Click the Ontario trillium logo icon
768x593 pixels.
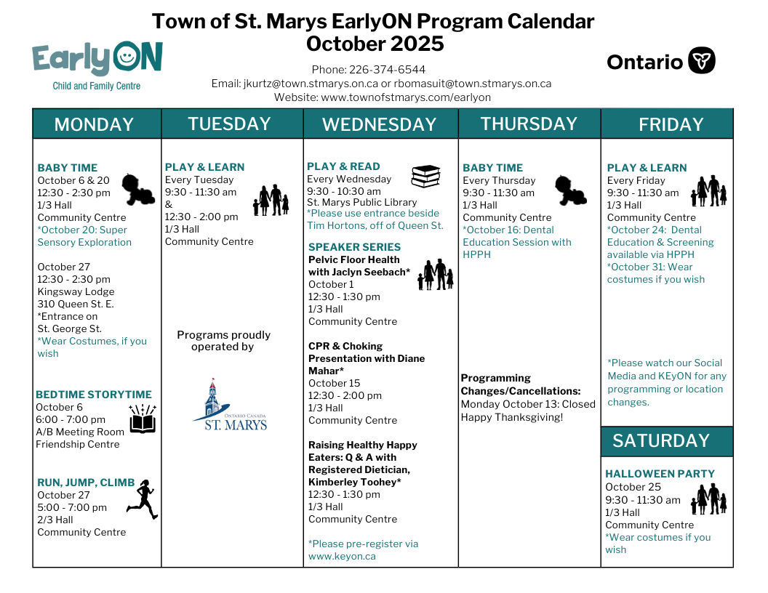tap(701, 61)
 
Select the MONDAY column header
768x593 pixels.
tap(95, 124)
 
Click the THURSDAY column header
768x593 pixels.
tap(529, 124)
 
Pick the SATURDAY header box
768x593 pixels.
tap(660, 440)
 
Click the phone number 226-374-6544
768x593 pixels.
tap(399, 70)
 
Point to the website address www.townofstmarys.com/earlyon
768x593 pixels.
tap(405, 97)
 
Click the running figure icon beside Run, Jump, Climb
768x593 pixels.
tap(143, 499)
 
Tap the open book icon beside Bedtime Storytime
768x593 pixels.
tap(143, 419)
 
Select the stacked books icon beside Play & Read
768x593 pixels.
tap(426, 176)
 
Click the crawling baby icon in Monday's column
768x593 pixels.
tap(137, 190)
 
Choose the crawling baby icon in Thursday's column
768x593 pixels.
tap(570, 190)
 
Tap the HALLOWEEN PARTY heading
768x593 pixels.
tap(660, 474)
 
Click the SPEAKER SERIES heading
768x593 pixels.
tap(354, 247)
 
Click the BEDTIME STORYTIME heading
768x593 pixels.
tap(94, 395)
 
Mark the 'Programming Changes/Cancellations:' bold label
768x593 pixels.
tap(521, 384)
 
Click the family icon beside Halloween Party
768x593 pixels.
tap(708, 499)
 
